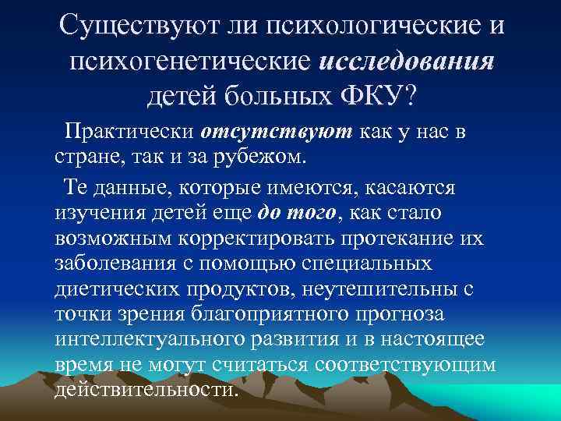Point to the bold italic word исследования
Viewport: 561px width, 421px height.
408,62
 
